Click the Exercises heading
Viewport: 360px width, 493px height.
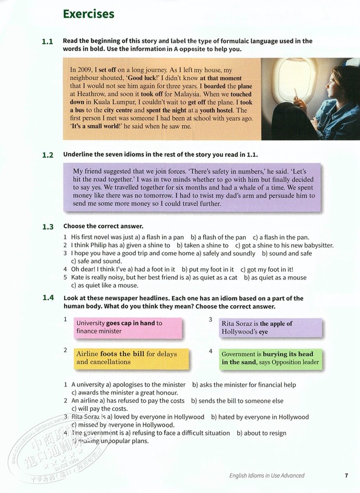point(88,14)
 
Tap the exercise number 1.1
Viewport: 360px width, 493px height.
point(47,42)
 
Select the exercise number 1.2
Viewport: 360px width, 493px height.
point(47,155)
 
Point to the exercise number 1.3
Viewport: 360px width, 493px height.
point(47,227)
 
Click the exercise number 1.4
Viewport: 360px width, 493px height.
point(47,298)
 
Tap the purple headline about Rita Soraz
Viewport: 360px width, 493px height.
point(270,328)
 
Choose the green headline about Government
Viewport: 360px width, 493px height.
point(270,358)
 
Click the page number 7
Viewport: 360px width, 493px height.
point(347,475)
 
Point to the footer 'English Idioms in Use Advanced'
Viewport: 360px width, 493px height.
point(267,476)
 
